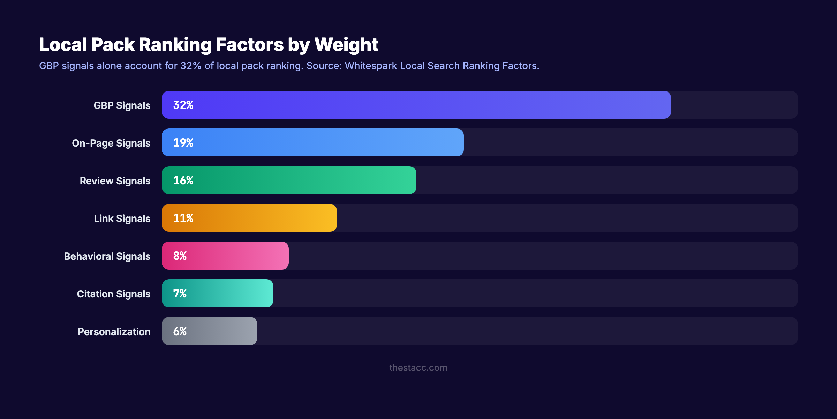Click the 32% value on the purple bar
click(x=183, y=105)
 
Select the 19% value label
click(x=183, y=143)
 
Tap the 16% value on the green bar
click(x=183, y=181)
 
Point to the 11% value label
click(x=183, y=218)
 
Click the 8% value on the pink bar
click(x=180, y=256)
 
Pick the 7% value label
click(x=180, y=294)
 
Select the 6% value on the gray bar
click(x=180, y=331)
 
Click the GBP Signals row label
click(x=122, y=105)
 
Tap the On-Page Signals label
click(x=111, y=143)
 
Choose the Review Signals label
click(x=115, y=181)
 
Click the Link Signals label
click(x=122, y=219)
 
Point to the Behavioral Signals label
click(x=107, y=256)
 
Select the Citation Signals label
click(x=114, y=294)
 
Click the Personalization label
click(x=114, y=332)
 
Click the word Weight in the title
click(x=346, y=45)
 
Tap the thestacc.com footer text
click(x=418, y=368)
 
